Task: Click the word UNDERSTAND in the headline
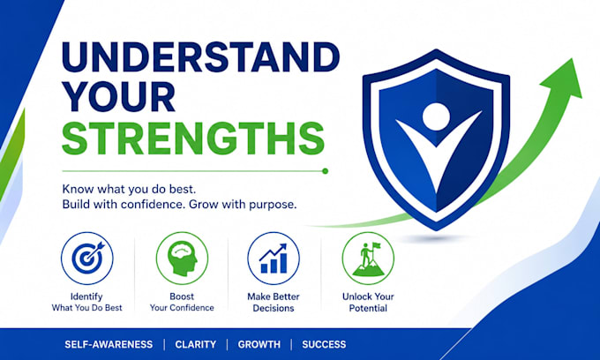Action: [200, 57]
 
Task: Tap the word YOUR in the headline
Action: [118, 97]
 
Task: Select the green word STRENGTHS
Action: [193, 139]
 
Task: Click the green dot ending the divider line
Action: [325, 171]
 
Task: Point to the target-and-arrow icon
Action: [87, 259]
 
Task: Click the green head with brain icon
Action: [182, 259]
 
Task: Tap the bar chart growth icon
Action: [274, 259]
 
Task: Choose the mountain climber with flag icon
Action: [368, 259]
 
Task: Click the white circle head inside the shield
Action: [436, 116]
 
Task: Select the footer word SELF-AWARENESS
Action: [109, 344]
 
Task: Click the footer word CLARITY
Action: [196, 344]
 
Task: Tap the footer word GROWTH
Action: [259, 344]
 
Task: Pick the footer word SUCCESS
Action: [324, 344]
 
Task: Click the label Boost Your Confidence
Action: [182, 303]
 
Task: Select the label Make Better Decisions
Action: [274, 303]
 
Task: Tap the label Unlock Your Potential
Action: [368, 303]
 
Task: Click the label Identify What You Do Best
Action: [86, 303]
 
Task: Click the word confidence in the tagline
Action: [148, 204]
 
